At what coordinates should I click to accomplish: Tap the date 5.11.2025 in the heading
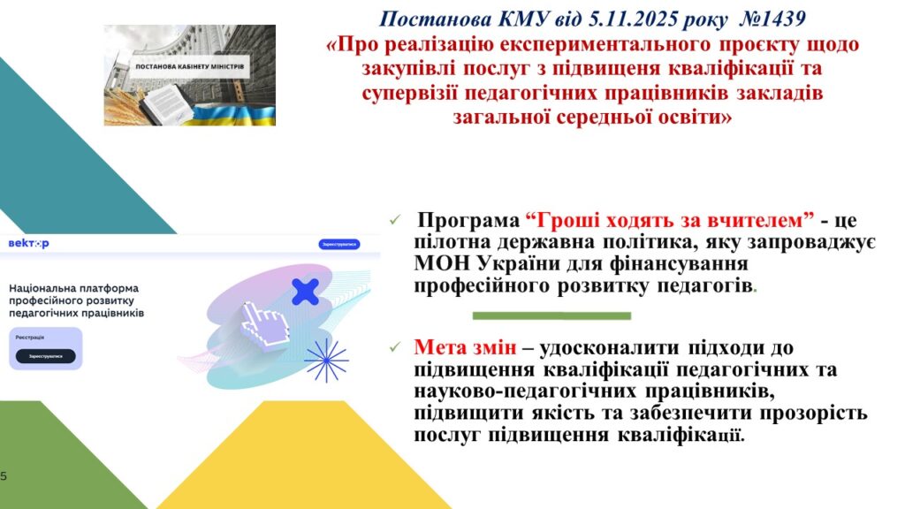(x=632, y=19)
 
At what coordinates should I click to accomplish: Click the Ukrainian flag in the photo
(x=231, y=114)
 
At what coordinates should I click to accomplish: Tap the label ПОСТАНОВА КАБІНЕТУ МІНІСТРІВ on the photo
(x=189, y=66)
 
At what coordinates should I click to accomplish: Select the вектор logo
(x=29, y=244)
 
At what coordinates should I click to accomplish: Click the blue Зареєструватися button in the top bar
(x=339, y=244)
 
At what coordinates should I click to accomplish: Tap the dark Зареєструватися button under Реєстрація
(x=46, y=356)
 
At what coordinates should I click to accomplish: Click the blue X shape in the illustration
(x=305, y=292)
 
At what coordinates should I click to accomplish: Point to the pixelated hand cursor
(x=264, y=326)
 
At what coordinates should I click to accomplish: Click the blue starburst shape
(x=326, y=361)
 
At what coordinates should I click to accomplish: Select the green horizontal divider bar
(x=551, y=315)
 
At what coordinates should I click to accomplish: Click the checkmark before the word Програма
(x=395, y=220)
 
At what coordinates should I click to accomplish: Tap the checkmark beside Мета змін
(x=395, y=346)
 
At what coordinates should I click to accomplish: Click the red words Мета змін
(x=465, y=347)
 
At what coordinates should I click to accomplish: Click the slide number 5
(x=4, y=476)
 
